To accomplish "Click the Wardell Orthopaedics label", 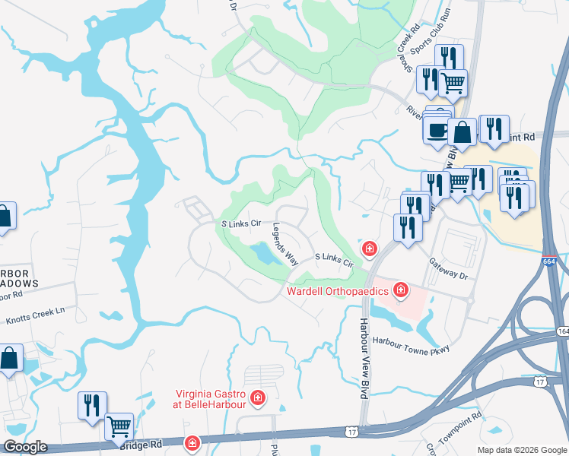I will [x=339, y=290].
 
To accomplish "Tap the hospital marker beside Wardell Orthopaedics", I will [x=400, y=290].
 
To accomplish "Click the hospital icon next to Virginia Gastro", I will [x=258, y=397].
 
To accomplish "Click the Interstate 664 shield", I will [x=550, y=261].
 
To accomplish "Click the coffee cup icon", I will [x=437, y=130].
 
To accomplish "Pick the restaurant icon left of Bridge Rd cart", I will [x=92, y=404].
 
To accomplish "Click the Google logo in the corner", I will [x=25, y=447].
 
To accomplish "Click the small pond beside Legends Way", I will [x=262, y=253].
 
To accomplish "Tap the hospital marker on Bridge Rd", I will [x=192, y=442].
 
